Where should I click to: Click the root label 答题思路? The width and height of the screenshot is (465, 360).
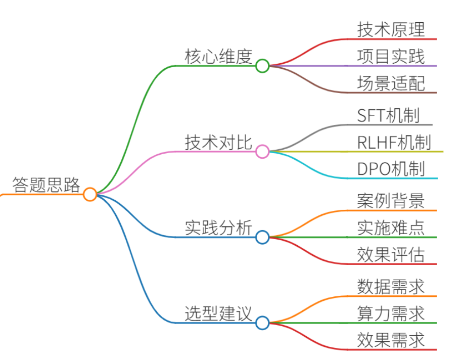point(46,185)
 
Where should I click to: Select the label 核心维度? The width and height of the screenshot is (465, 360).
point(218,57)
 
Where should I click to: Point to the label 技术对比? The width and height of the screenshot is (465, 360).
point(218,142)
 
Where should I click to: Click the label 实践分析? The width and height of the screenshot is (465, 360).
point(218,228)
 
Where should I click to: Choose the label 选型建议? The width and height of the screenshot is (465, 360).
point(218,313)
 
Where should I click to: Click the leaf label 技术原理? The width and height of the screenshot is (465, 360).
point(391,29)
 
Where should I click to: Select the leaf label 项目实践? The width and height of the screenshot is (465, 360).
point(391,57)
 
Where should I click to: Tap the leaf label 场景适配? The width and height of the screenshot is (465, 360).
point(391,83)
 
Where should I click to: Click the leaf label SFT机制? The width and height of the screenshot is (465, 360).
point(389,115)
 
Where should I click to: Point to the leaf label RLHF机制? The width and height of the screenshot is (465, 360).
point(394,142)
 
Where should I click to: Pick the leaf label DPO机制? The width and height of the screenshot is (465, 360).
point(391,169)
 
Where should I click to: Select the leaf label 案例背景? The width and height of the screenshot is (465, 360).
point(391,201)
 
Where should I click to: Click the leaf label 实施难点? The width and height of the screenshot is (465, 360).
point(391,228)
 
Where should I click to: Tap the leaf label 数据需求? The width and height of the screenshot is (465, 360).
point(391,287)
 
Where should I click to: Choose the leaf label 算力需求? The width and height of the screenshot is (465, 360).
point(391,313)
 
